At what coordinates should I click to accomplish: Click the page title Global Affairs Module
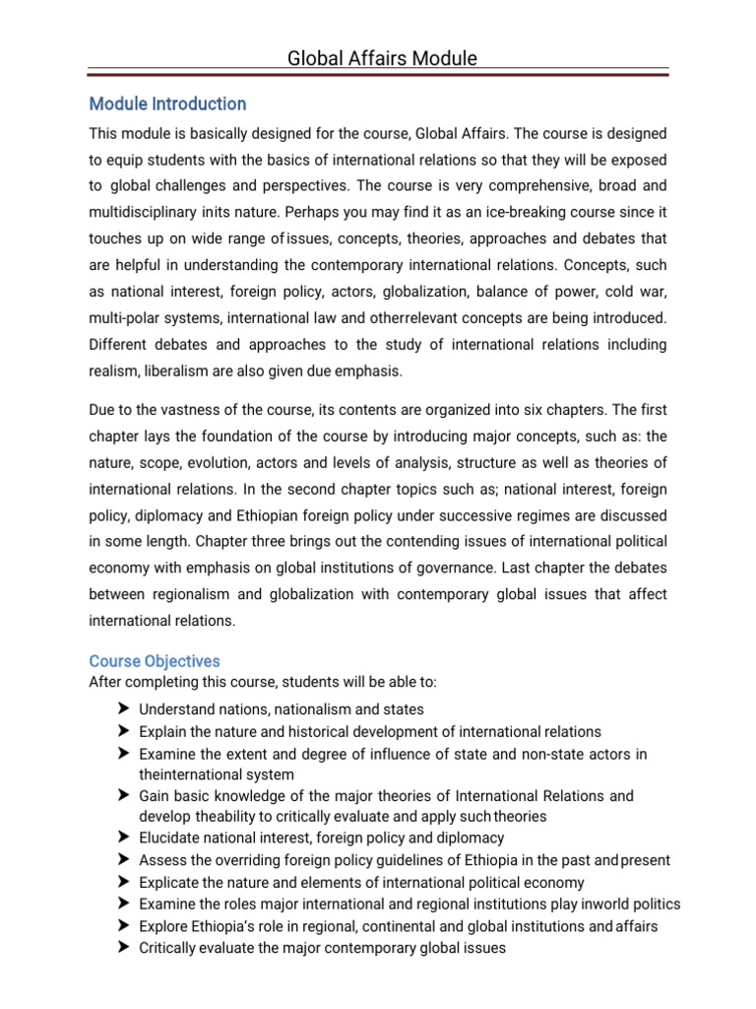click(382, 58)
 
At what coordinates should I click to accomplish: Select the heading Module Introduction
click(167, 103)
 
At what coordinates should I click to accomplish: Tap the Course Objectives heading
click(155, 661)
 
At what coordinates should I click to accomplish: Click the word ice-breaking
click(536, 212)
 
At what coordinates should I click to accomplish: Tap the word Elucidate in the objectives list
click(173, 838)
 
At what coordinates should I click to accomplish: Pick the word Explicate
click(170, 882)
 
